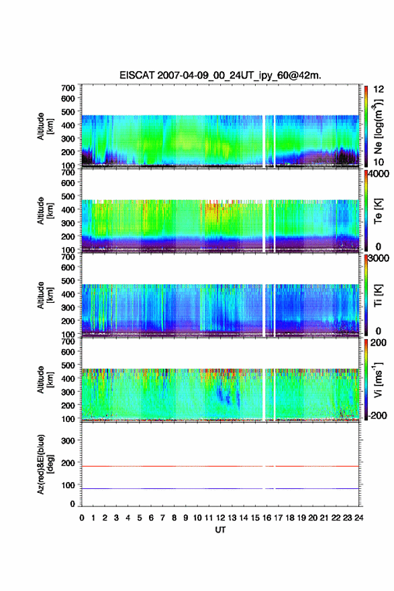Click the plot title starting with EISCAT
tap(220, 75)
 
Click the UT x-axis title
tap(220, 530)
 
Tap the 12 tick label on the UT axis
tap(220, 518)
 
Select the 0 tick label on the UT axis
tap(82, 518)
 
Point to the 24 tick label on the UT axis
tap(358, 518)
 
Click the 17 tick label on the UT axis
tap(278, 518)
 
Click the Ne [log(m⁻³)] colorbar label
tap(379, 127)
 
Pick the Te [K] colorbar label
tap(378, 211)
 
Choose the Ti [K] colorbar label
tap(378, 295)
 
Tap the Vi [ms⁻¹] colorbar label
tap(378, 380)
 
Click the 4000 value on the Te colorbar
tap(379, 174)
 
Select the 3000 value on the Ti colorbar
tap(379, 258)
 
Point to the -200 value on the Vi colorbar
tap(377, 415)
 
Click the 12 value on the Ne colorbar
tap(379, 89)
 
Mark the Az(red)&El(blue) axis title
tap(45, 464)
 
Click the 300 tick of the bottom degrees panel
tap(68, 441)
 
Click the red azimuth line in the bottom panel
tap(220, 466)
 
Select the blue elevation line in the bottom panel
tap(220, 488)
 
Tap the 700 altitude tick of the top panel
tap(68, 88)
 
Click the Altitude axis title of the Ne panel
tap(45, 126)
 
